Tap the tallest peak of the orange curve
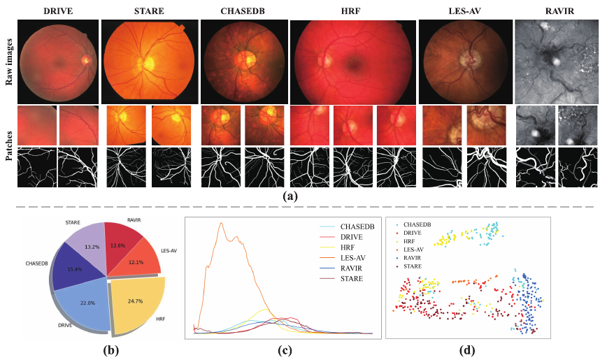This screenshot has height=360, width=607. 222,223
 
